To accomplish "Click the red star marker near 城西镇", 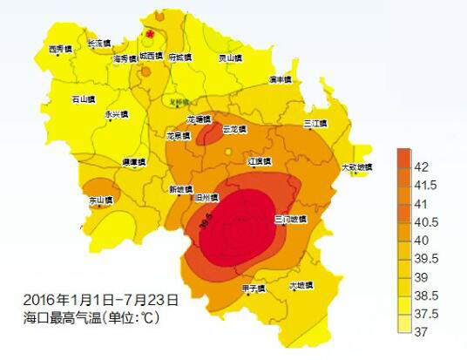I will pyautogui.click(x=151, y=34).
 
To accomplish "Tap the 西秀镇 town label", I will pyautogui.click(x=61, y=50).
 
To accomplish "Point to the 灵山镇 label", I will pyautogui.click(x=229, y=58).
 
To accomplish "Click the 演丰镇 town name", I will pyautogui.click(x=281, y=79).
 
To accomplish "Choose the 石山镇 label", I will pyautogui.click(x=84, y=99).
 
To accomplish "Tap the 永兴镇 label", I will pyautogui.click(x=116, y=114).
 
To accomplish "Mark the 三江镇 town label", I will pyautogui.click(x=315, y=123).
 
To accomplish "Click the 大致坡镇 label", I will pyautogui.click(x=355, y=166).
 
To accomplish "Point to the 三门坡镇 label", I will pyautogui.click(x=290, y=219).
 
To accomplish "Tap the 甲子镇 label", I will pyautogui.click(x=253, y=289).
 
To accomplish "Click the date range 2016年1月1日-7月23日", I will pyautogui.click(x=102, y=299).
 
